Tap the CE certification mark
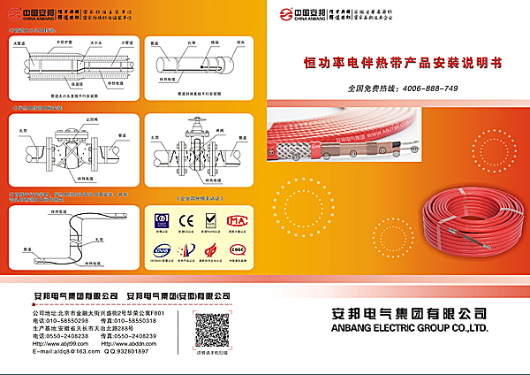pyautogui.click(x=185, y=219)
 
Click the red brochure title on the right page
pyautogui.click(x=401, y=64)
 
